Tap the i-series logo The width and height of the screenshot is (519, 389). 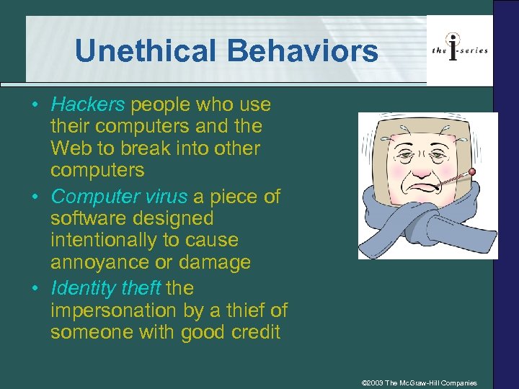point(459,49)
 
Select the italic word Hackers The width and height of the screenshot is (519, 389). point(88,104)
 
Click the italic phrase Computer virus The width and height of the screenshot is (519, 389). point(120,196)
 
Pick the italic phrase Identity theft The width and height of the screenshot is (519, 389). point(106,288)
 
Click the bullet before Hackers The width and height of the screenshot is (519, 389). point(35,105)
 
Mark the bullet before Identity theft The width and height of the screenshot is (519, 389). point(35,289)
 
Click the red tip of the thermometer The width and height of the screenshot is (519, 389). point(473,172)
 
